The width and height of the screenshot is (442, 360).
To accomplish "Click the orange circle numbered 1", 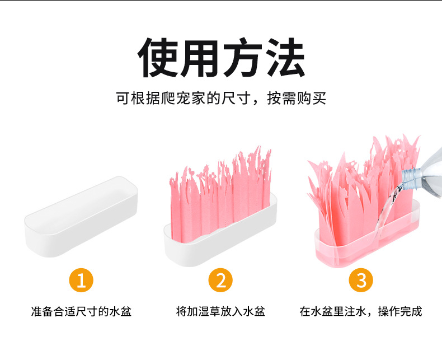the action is [81, 280].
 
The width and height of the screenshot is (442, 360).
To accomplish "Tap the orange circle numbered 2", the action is [220, 280].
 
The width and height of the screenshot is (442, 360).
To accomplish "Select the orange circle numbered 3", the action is [361, 280].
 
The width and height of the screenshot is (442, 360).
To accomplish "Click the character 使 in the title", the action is [158, 58].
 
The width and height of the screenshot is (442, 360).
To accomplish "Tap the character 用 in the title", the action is [200, 58].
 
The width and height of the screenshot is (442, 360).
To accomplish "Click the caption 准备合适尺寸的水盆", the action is [81, 312].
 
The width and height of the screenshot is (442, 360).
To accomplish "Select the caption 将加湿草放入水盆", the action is [220, 312].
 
